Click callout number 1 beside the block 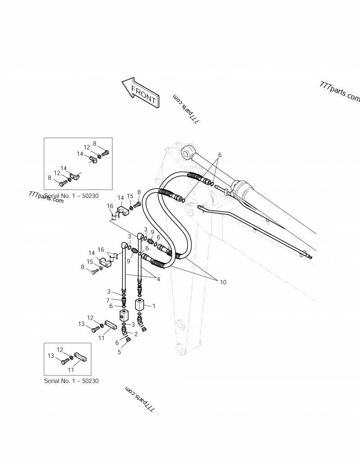153,306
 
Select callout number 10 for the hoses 223,282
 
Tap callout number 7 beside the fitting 108,300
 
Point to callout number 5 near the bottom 119,352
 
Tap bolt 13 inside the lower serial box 64,359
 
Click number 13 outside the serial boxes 81,324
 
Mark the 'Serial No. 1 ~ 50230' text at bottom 71,380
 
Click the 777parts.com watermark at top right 340,92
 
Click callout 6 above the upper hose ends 219,154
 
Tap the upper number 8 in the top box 95,144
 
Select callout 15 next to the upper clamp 130,196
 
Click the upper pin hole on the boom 185,153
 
